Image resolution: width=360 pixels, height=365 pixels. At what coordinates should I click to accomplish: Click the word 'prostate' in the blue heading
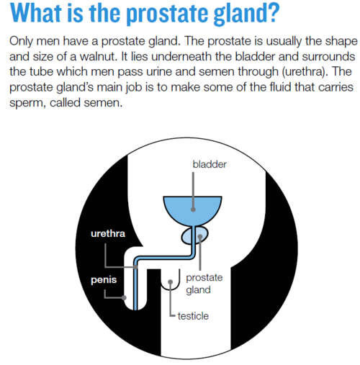tap(167, 14)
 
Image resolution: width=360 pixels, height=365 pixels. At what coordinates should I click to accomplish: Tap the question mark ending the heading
tap(272, 12)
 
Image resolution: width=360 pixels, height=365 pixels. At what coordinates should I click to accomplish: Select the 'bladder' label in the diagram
tap(210, 164)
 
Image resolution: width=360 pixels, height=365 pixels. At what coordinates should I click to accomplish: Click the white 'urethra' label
tap(108, 233)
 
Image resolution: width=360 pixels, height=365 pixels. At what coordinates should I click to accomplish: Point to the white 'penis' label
tap(104, 280)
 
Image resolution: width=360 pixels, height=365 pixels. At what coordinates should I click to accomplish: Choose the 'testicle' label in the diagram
tap(193, 316)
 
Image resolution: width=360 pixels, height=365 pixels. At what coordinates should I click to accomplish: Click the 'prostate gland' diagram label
tap(204, 284)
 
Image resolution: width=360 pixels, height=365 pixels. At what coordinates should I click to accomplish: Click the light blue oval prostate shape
tap(194, 235)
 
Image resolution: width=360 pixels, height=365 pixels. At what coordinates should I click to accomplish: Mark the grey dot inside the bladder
tap(193, 209)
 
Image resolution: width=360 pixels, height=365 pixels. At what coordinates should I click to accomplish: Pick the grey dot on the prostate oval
tap(200, 237)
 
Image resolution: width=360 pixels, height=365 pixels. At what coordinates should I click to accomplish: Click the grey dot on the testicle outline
tap(170, 281)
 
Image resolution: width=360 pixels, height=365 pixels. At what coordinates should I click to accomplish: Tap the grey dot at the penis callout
tap(124, 298)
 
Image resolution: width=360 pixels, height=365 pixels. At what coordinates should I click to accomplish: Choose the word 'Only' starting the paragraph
tap(21, 42)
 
